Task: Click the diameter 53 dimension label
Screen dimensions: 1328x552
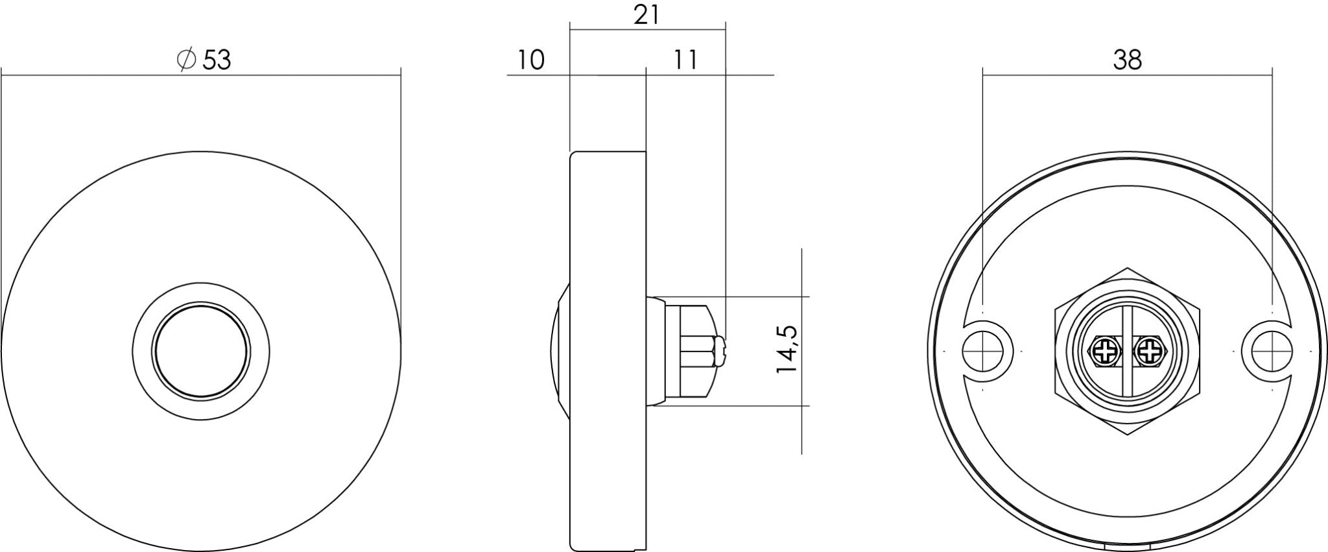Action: coord(204,60)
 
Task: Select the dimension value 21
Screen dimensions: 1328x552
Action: coord(646,15)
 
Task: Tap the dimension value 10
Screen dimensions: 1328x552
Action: coord(530,60)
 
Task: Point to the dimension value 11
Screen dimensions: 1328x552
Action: coord(685,60)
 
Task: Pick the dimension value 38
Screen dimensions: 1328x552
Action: coord(1127,60)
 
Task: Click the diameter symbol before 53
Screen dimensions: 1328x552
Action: coord(186,60)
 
